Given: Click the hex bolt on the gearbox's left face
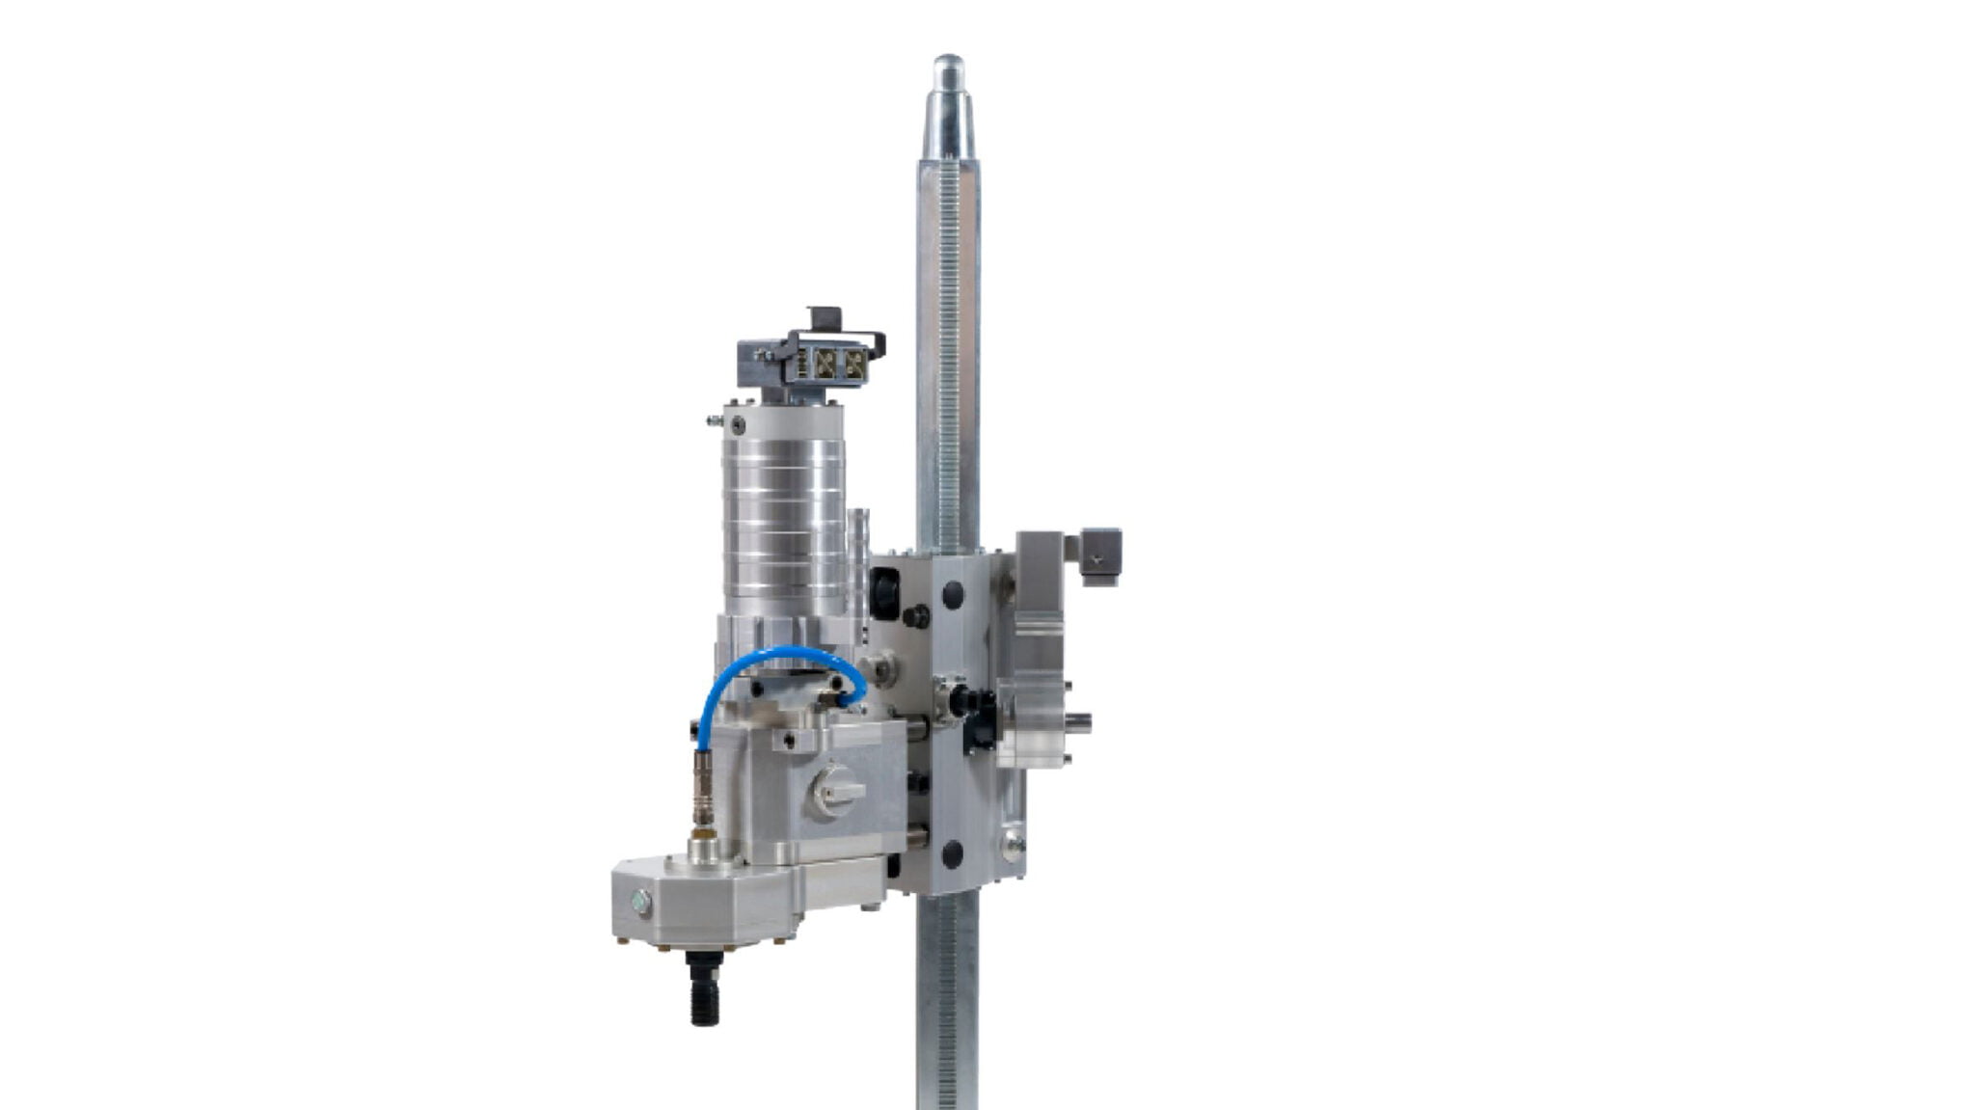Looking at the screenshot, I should [x=639, y=903].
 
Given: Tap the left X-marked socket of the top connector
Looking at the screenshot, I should [x=825, y=363].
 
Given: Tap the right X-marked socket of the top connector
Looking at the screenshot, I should [x=854, y=363].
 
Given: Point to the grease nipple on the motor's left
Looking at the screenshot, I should [x=713, y=420].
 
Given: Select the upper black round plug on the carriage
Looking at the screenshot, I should [x=953, y=593].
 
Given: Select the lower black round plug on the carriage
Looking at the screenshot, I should [x=953, y=852].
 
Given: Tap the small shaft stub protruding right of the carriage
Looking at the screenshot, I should [x=1082, y=718].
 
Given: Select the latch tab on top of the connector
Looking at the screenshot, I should [x=825, y=318].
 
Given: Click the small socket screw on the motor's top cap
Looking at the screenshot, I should [x=738, y=425].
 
